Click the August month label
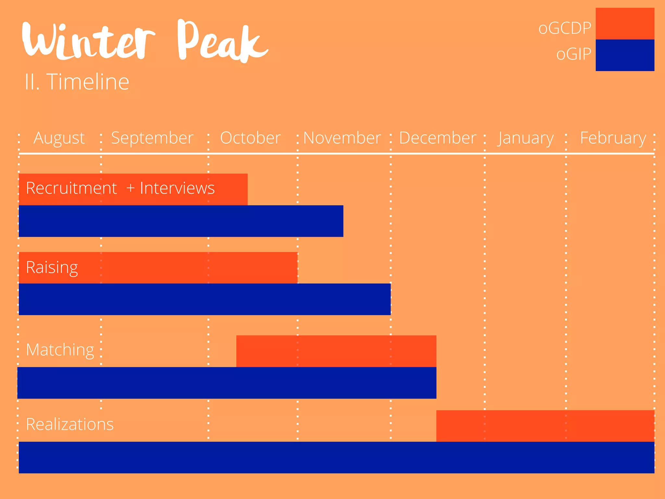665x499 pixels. pos(59,138)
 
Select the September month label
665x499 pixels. pos(152,138)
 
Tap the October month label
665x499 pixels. pos(250,138)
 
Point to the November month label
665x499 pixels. pos(342,138)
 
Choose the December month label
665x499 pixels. pos(437,138)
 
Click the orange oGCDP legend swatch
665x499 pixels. pos(625,24)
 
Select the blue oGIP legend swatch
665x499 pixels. pos(625,55)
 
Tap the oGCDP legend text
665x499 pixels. pos(565,28)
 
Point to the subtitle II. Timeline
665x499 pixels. pos(77,82)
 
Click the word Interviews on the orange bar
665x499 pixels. pos(177,188)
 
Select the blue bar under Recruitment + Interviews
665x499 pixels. pos(181,221)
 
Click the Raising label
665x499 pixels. pos(52,268)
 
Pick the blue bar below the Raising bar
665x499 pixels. pos(205,299)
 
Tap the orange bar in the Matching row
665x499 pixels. pos(336,351)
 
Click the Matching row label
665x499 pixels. pos(60,350)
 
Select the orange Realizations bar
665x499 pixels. pos(545,426)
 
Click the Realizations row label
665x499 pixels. pos(70,424)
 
